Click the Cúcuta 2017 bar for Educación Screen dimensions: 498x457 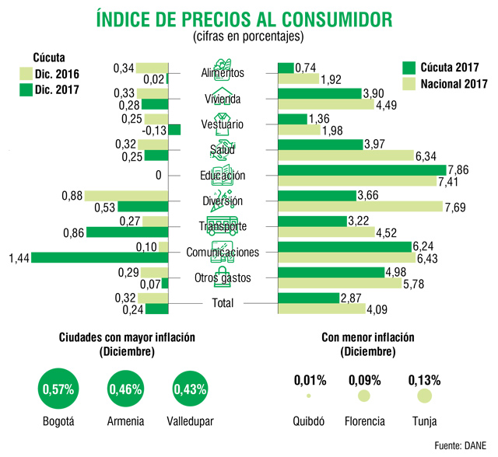[362, 170]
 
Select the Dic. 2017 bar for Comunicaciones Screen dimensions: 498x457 [100, 257]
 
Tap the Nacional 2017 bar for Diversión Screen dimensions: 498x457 [360, 207]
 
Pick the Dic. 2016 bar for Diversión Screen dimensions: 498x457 [126, 196]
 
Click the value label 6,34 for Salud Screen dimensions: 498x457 [426, 156]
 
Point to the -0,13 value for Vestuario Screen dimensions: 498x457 [154, 131]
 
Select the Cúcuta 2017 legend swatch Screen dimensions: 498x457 [409, 68]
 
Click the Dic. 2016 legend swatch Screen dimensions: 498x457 [26, 74]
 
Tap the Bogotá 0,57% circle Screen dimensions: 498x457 [58, 389]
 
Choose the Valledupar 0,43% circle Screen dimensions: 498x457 [190, 389]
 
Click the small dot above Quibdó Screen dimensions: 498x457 [309, 396]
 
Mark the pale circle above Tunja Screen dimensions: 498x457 [424, 396]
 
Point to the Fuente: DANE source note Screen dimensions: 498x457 [460, 445]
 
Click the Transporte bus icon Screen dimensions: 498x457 [223, 226]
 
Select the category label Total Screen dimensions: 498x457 [223, 303]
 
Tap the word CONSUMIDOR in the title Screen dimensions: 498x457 [337, 19]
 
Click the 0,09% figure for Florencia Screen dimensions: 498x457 [365, 380]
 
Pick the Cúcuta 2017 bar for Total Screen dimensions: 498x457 [309, 298]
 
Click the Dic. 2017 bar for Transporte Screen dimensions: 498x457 [128, 232]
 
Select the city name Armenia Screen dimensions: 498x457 [125, 421]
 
